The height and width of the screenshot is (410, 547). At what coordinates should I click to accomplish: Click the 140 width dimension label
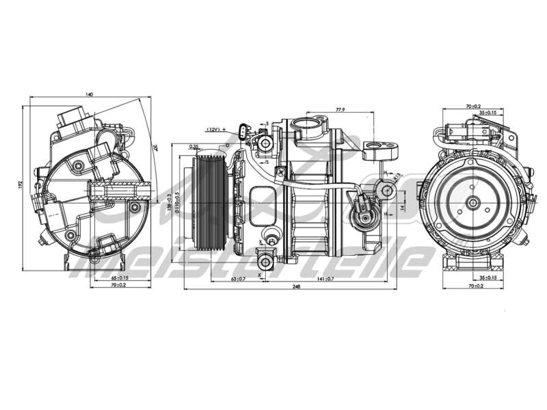click(x=89, y=94)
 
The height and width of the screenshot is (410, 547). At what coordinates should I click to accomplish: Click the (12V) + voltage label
click(x=217, y=128)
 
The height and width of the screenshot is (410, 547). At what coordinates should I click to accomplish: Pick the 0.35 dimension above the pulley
click(x=194, y=146)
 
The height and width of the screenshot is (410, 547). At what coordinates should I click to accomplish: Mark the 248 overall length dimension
click(x=296, y=288)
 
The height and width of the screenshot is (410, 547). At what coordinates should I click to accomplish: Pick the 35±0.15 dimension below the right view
click(x=488, y=279)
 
